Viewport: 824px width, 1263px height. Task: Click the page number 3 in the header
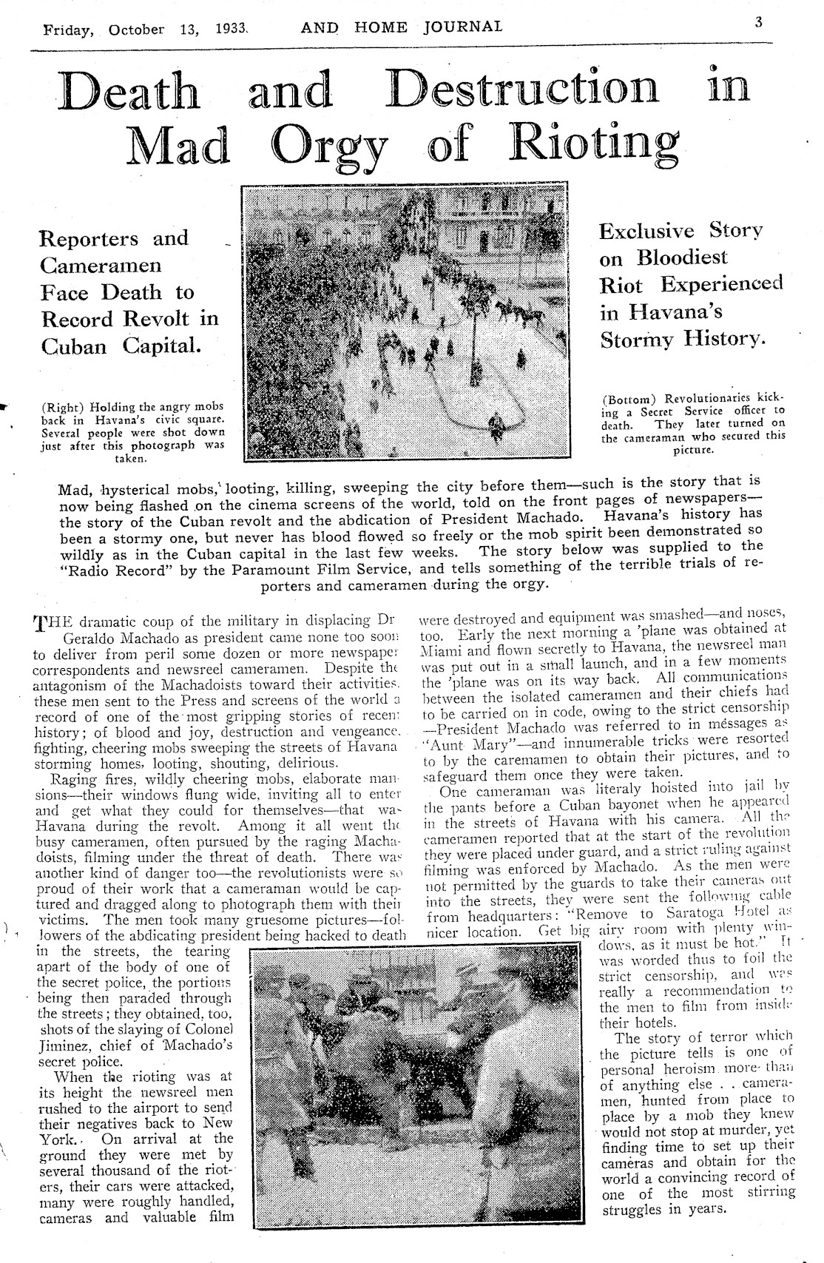click(758, 23)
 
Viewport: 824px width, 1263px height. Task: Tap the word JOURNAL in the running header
click(463, 27)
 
